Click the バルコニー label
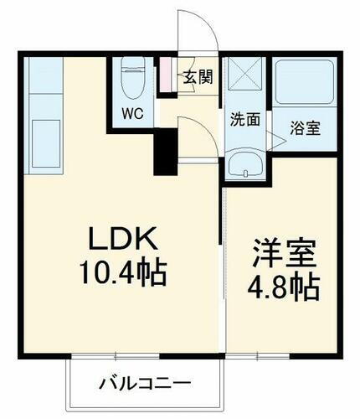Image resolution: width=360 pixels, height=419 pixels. pyautogui.click(x=145, y=385)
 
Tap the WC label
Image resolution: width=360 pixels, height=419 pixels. pyautogui.click(x=132, y=111)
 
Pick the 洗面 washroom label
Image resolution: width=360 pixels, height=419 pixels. pyautogui.click(x=244, y=119)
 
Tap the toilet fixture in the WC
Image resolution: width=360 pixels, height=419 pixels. pyautogui.click(x=133, y=80)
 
